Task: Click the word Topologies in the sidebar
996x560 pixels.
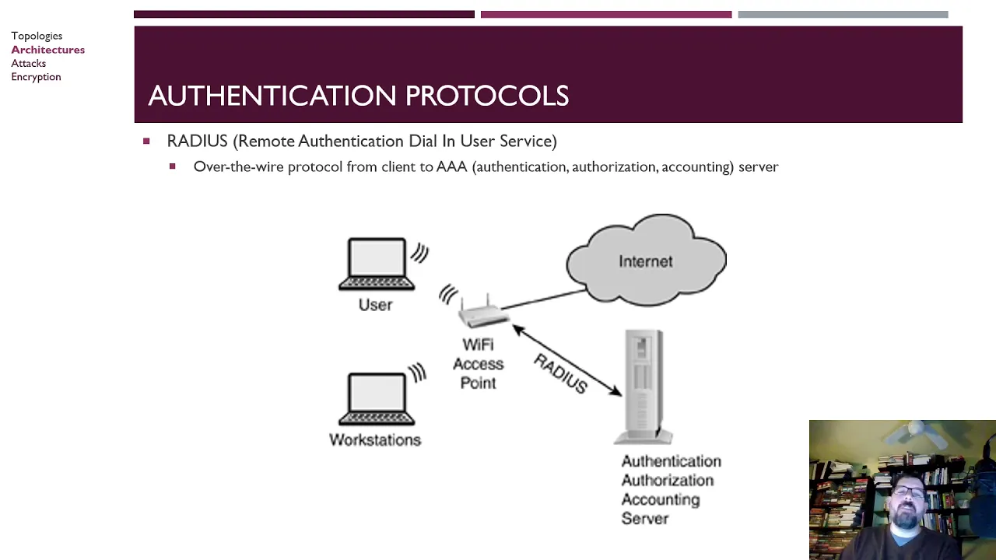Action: (37, 36)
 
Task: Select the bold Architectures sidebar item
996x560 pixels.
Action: (48, 49)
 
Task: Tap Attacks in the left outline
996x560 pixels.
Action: (29, 63)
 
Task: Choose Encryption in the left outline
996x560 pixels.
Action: (36, 77)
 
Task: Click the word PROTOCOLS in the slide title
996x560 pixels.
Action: (487, 96)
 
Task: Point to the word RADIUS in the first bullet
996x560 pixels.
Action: (197, 141)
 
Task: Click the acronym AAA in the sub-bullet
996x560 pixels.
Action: (452, 166)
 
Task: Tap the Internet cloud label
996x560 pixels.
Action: (646, 261)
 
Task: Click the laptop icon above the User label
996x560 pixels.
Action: (377, 264)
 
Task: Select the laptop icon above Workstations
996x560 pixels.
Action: (377, 399)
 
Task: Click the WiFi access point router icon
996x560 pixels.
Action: (484, 312)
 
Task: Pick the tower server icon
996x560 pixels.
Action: (643, 387)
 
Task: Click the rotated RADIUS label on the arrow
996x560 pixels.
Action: (561, 373)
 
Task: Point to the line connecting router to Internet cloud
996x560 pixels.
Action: (543, 299)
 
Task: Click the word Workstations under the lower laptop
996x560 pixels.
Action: (375, 440)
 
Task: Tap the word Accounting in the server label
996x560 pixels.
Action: (661, 499)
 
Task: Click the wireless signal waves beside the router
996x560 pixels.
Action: (448, 294)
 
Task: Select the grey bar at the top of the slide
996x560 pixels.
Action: (843, 15)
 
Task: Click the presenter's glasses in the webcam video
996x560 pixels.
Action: (909, 491)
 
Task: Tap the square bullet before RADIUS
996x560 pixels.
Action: (146, 142)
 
